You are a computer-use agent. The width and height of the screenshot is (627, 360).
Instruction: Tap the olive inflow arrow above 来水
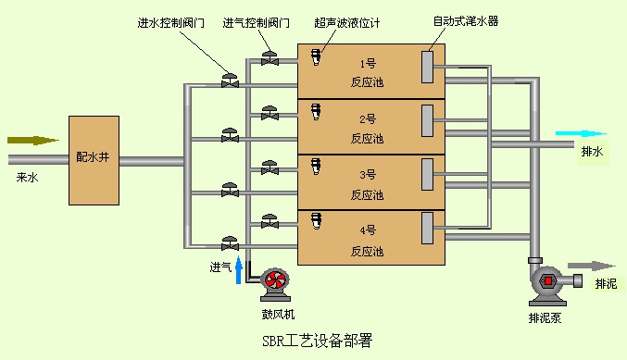tap(33, 141)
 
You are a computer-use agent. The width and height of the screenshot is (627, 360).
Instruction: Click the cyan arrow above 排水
tap(580, 134)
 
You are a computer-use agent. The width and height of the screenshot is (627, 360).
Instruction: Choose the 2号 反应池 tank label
tap(368, 127)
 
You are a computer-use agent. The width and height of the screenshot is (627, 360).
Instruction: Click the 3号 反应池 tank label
tap(368, 181)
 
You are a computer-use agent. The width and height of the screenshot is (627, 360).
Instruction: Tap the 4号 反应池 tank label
tap(368, 237)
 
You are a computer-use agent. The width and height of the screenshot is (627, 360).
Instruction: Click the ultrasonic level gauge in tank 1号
tap(316, 57)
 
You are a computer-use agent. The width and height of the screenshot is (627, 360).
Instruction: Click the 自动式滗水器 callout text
tap(465, 20)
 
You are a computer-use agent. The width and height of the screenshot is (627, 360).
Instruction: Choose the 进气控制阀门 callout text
tap(256, 21)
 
